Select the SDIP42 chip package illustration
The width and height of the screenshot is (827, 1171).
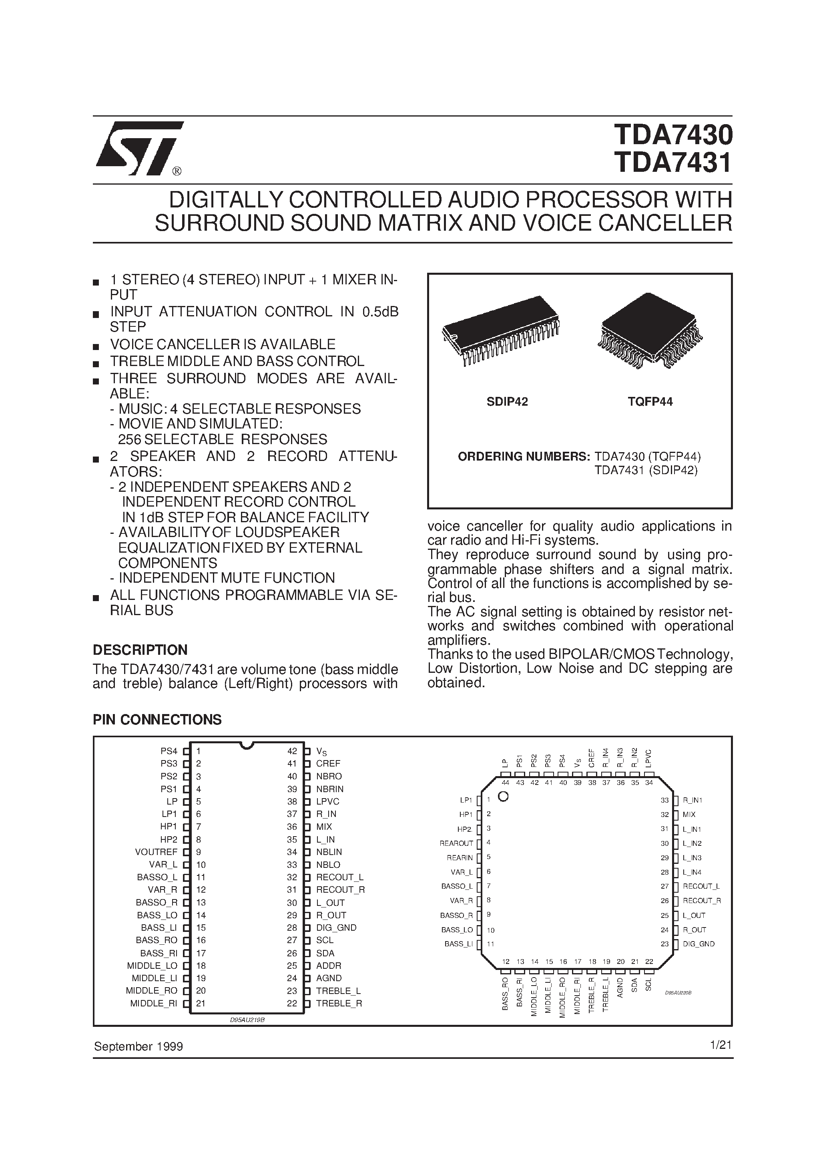tap(501, 330)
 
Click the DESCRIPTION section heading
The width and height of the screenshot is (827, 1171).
tap(140, 650)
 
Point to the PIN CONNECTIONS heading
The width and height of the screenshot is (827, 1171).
tap(157, 720)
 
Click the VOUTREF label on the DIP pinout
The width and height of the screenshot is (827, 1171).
tap(156, 852)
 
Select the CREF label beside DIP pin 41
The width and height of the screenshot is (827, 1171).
tap(328, 763)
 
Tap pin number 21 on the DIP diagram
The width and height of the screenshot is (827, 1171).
tap(201, 1004)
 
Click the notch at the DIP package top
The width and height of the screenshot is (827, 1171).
tap(247, 746)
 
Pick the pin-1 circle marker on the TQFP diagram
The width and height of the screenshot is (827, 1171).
tap(503, 797)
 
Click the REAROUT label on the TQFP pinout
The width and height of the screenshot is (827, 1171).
tap(456, 843)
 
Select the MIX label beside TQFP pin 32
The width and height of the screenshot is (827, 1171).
tap(689, 815)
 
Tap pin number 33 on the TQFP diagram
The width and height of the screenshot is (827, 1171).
tap(664, 801)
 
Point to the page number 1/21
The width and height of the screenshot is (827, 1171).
tap(721, 1045)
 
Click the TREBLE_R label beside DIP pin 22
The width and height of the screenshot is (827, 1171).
tap(339, 1004)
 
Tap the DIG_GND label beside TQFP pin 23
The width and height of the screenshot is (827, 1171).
tap(699, 944)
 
